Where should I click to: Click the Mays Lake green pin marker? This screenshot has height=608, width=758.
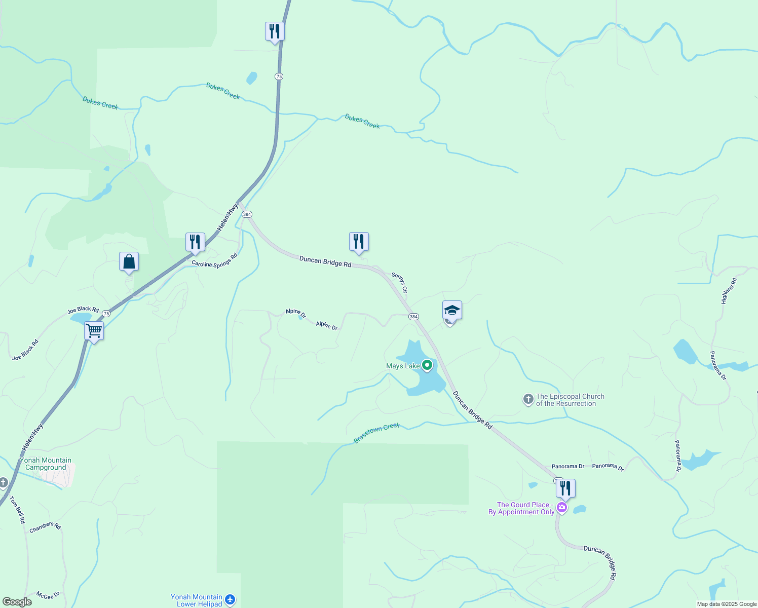tap(427, 365)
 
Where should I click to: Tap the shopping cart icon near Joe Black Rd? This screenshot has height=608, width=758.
tap(94, 331)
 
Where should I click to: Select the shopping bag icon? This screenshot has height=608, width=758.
tap(129, 262)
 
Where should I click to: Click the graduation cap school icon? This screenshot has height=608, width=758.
tap(452, 310)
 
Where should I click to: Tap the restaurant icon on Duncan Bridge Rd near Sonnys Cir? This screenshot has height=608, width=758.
tap(359, 242)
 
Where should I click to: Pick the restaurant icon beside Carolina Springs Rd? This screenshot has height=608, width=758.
tap(195, 242)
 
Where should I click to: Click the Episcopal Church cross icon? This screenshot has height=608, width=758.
tap(528, 400)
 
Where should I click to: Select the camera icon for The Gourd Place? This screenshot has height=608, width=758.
tap(562, 508)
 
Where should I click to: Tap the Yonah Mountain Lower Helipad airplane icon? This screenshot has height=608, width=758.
tap(230, 600)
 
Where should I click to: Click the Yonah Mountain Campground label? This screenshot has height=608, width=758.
tap(46, 464)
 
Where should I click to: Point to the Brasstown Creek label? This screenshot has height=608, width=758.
tap(377, 433)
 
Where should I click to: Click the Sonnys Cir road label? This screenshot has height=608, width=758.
tap(400, 283)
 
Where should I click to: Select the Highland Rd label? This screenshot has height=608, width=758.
tap(729, 291)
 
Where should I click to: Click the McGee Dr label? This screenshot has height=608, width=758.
tap(48, 595)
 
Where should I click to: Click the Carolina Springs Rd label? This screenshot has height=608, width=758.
tap(214, 260)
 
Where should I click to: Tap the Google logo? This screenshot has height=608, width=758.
tap(17, 602)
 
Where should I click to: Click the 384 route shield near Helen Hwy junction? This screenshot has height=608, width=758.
tap(247, 214)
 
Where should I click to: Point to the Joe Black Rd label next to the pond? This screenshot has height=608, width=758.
tap(83, 310)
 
